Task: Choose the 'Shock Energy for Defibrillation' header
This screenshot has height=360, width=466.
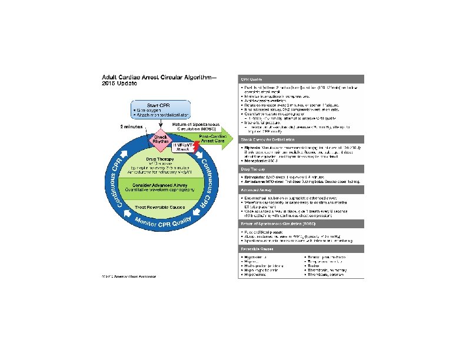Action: (301, 139)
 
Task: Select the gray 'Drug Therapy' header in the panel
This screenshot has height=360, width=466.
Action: (301, 169)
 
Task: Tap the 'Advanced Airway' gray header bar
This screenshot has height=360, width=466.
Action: (301, 190)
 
